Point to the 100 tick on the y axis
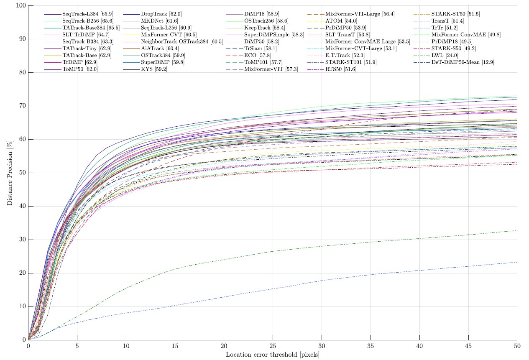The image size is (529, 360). point(21,6)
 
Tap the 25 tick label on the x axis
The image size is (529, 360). point(273,346)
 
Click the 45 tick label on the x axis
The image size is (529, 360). point(468,346)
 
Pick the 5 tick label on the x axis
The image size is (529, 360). point(77,346)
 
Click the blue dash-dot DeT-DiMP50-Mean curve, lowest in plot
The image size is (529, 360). point(322,280)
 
